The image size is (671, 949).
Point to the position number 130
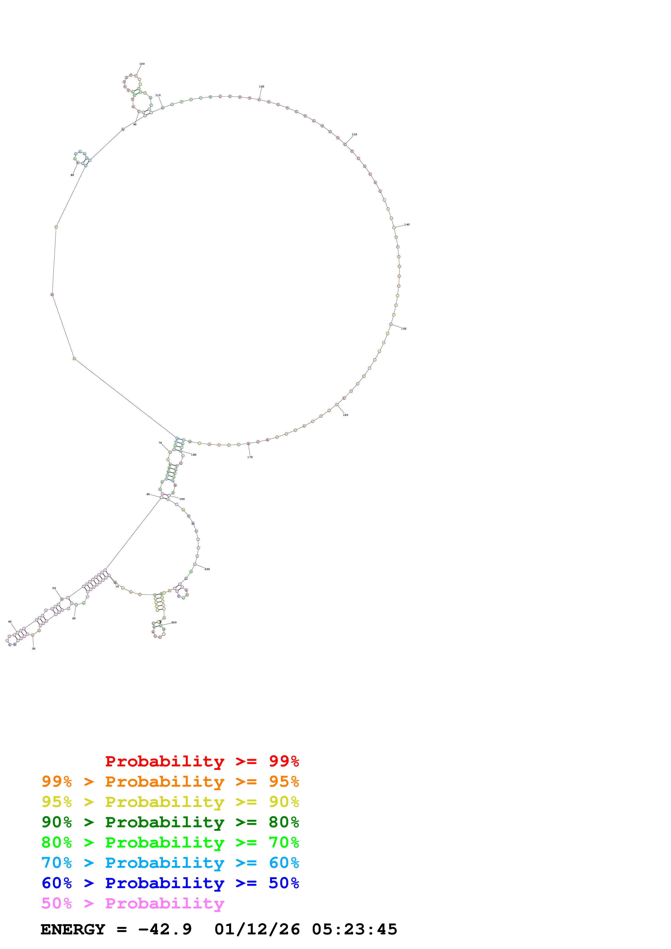[354, 135]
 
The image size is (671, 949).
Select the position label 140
[407, 225]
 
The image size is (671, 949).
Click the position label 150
[404, 329]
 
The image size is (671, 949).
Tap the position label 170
[250, 457]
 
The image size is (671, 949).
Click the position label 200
[207, 569]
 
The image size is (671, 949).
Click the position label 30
[34, 649]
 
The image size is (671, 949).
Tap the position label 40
[10, 622]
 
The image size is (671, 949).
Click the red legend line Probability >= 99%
[202, 761]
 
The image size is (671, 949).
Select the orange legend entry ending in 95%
[170, 782]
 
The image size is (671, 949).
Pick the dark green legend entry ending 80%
[170, 822]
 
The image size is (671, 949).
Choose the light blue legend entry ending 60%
[170, 863]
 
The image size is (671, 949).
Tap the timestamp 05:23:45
[354, 930]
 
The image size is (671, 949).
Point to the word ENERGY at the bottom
[73, 930]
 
